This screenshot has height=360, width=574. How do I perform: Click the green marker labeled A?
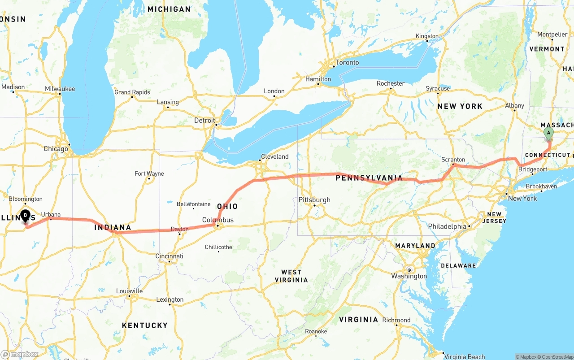[x=548, y=133]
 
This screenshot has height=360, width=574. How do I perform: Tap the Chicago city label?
[x=56, y=148]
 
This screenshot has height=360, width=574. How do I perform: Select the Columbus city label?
[x=218, y=220]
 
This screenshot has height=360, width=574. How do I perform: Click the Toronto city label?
[x=347, y=62]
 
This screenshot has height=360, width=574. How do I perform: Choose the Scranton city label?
[x=453, y=159]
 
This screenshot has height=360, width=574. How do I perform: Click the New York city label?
[x=522, y=198]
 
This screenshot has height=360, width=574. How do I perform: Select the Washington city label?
[x=409, y=276]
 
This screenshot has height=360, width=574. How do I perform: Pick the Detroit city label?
[x=204, y=121]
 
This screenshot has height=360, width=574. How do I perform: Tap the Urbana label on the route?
[x=51, y=215]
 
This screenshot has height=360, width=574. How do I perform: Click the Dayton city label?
[x=179, y=229]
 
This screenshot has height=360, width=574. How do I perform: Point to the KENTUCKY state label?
[x=144, y=325]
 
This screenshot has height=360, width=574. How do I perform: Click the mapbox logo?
[x=20, y=354]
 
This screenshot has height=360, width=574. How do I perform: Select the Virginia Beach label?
[x=464, y=356]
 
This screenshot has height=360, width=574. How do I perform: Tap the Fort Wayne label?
[x=149, y=173]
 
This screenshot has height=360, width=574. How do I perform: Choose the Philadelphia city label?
[x=447, y=226]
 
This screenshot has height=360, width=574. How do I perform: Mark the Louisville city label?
[x=129, y=291]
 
